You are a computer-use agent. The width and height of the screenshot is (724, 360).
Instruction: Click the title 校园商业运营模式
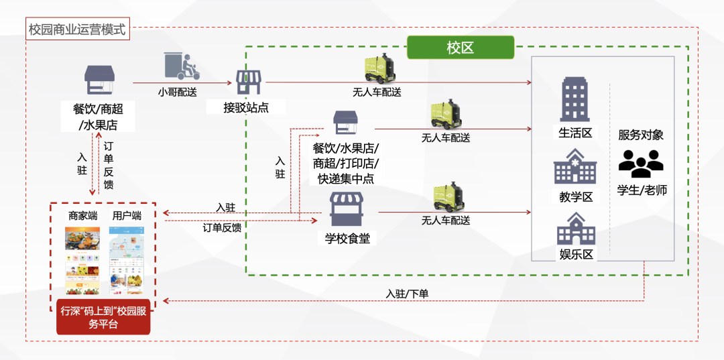click(77, 30)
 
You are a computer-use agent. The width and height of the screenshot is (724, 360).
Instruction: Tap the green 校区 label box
click(460, 48)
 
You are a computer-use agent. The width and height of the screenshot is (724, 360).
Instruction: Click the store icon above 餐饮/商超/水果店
click(99, 80)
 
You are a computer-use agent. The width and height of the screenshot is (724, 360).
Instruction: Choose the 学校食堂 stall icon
click(347, 210)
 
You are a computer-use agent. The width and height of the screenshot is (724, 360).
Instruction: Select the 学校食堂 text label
click(347, 238)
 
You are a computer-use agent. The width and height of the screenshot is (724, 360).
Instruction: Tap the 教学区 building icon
click(575, 166)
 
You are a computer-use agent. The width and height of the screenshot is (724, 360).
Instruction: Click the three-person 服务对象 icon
click(641, 163)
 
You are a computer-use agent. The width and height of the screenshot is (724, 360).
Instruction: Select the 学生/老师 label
click(642, 190)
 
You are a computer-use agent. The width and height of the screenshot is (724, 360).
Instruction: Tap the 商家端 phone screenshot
click(82, 260)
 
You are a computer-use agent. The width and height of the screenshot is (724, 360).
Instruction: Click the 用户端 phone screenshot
click(127, 260)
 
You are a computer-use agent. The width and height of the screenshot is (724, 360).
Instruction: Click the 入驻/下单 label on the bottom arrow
click(408, 294)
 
